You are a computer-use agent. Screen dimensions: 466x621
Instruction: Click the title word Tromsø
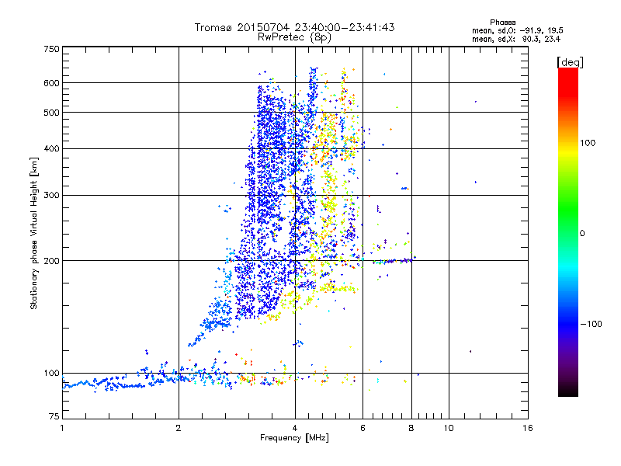[214, 27]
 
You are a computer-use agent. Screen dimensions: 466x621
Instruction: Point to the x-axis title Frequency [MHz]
[294, 438]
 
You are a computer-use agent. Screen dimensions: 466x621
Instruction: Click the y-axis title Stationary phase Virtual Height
[34, 233]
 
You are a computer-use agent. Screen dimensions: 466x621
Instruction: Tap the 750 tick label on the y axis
[51, 48]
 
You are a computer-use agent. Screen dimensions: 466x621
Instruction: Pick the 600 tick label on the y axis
[51, 82]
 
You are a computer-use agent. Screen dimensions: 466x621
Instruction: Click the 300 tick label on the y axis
[51, 195]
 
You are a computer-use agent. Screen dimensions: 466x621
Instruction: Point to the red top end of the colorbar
[567, 71]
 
